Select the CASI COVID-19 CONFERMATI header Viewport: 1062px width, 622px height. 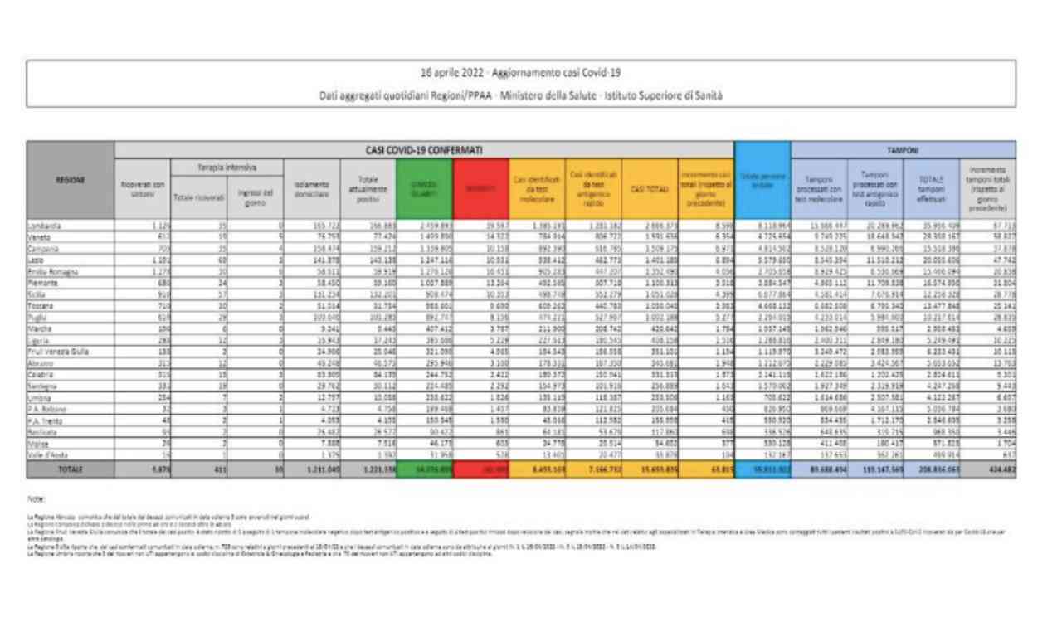(424, 150)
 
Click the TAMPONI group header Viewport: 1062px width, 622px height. (903, 150)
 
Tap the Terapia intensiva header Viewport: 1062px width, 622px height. (227, 167)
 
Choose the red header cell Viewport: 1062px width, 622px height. (481, 188)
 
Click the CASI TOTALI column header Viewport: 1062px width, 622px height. (650, 189)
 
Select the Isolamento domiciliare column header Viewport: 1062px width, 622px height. (311, 189)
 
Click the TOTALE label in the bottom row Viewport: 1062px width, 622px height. (71, 469)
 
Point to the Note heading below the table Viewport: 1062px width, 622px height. (34, 498)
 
